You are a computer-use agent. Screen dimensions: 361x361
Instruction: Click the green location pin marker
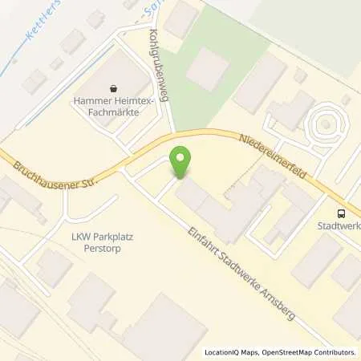pos(182,162)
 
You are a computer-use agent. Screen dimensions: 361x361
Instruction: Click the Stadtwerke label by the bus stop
pos(343,226)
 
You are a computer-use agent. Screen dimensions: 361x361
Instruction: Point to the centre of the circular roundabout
pos(326,124)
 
